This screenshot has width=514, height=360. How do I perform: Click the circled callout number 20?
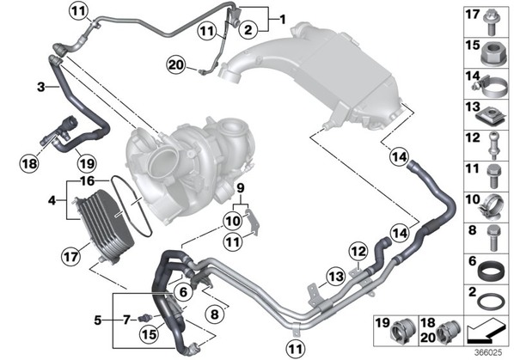coord(176,65)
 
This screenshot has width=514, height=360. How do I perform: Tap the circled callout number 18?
coord(29,162)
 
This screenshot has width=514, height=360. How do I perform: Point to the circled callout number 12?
coord(358,252)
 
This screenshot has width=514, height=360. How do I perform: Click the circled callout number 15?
coord(150,333)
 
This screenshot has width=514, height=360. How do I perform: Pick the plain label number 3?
coord(40,87)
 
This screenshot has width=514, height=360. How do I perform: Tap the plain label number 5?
coord(98,320)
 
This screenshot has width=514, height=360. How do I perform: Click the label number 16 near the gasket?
coord(87,181)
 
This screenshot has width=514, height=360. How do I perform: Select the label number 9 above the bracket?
coord(241,188)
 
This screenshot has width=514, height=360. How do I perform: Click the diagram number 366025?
coord(489,353)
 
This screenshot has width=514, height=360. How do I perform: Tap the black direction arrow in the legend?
coord(486,333)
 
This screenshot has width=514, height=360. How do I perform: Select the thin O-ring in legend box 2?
coord(491,301)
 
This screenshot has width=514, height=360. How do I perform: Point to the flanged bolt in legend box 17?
coord(491,23)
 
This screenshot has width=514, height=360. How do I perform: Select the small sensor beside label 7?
coord(145,318)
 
